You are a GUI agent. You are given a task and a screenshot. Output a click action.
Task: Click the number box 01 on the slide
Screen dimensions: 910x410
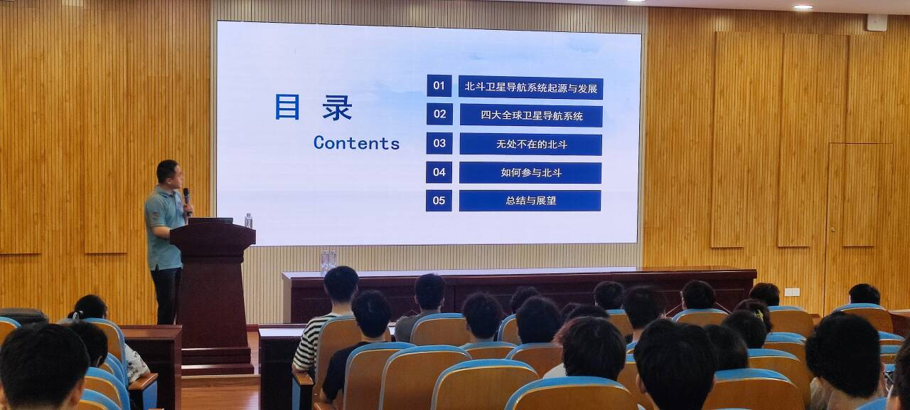coord(439,85)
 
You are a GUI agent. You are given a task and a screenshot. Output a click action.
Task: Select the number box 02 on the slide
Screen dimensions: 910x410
coord(439,114)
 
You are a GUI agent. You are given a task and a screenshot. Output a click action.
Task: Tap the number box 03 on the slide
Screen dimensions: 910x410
coord(439,143)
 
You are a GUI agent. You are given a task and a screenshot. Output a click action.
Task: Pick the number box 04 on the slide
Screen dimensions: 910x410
coord(439,172)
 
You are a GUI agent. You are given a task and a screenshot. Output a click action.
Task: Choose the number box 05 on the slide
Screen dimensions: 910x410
coord(439,201)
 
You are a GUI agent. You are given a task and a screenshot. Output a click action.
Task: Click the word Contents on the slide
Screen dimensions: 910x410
coord(357,143)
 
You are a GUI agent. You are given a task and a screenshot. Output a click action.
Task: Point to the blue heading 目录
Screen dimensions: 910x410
coord(314,107)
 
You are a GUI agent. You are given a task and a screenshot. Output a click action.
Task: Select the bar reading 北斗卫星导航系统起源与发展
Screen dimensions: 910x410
coord(530,88)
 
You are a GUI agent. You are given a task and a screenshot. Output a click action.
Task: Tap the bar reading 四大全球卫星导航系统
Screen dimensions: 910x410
coord(531,115)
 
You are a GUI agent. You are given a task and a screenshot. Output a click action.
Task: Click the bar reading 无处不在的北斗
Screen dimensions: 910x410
coord(530,144)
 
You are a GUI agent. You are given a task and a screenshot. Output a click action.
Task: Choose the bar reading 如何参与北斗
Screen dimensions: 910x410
coord(530,173)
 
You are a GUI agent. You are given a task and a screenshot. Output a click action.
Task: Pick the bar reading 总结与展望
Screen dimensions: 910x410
coord(530,201)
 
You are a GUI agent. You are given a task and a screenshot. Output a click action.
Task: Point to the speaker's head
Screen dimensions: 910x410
coord(169,174)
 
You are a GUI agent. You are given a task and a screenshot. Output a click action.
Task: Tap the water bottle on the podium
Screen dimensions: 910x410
coord(248,221)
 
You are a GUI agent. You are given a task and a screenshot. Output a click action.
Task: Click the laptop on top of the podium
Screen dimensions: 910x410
coord(210,221)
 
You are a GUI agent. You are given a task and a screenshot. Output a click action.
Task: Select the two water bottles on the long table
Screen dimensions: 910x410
coord(328,261)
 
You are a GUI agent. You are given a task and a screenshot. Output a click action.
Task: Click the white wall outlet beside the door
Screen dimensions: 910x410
coord(792,292)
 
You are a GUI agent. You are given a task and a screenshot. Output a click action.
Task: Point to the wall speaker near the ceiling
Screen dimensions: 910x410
coord(877,22)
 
